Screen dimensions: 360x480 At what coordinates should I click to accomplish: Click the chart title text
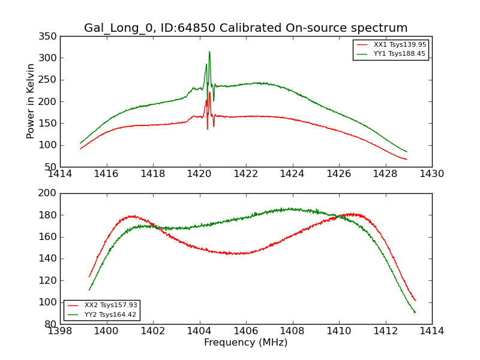coord(245,28)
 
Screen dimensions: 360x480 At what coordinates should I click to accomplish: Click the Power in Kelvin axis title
coord(31,101)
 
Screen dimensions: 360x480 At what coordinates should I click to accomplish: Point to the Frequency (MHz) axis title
coord(245,343)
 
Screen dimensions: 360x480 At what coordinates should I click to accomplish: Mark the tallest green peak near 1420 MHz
coord(209,52)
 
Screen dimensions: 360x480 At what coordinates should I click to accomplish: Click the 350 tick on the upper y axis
coord(49,37)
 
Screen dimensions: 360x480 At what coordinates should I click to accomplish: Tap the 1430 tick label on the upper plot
coord(431,174)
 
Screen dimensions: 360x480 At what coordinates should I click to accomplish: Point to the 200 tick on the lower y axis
coord(49,193)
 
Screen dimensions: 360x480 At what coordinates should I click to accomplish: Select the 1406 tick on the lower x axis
coord(246,331)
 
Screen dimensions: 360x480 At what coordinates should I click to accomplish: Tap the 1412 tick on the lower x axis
coord(385,331)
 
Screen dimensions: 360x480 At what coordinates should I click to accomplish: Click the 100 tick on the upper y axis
coord(49,145)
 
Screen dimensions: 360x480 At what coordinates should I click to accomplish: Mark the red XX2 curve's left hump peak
coord(131,216)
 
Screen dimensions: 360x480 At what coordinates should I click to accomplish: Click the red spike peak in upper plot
coord(209,92)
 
